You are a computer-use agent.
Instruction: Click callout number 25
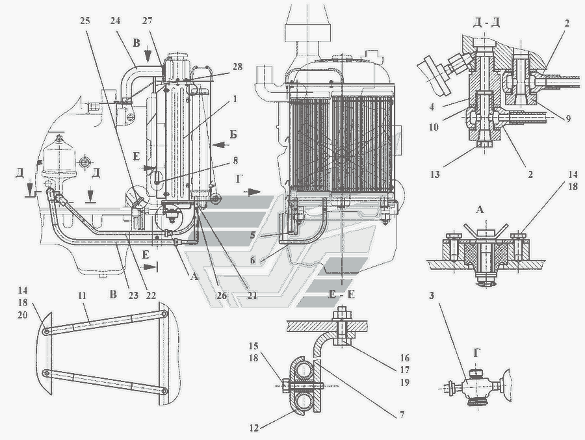pyautogui.click(x=85, y=20)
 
